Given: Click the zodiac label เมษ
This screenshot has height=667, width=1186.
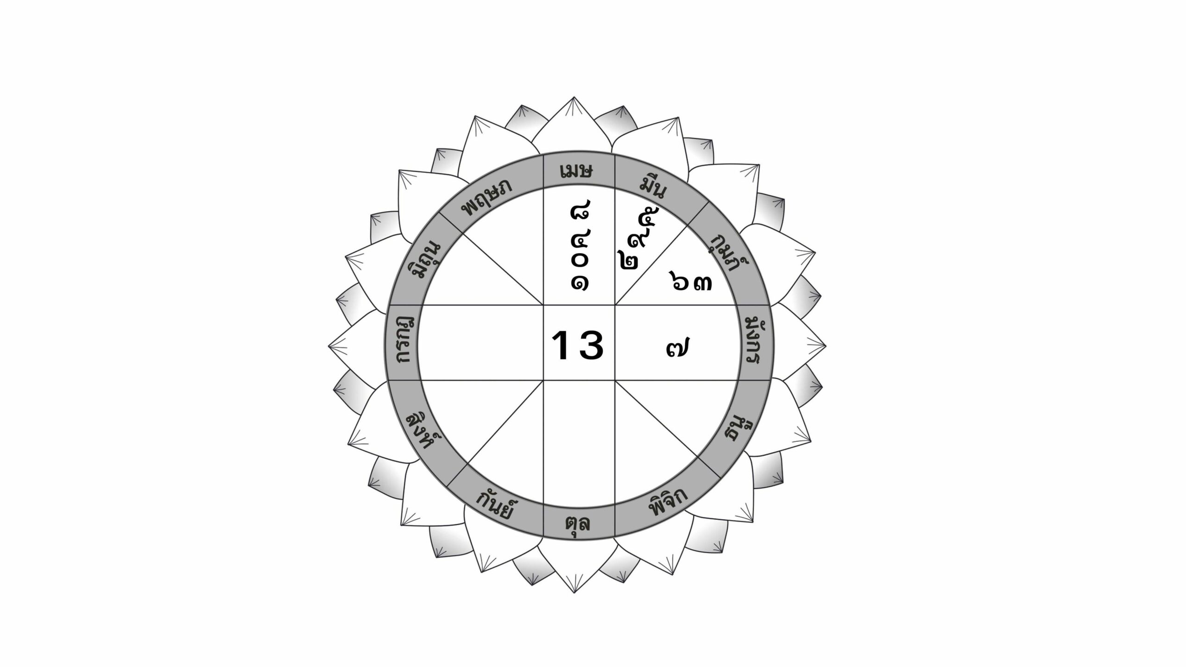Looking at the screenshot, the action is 576,172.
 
